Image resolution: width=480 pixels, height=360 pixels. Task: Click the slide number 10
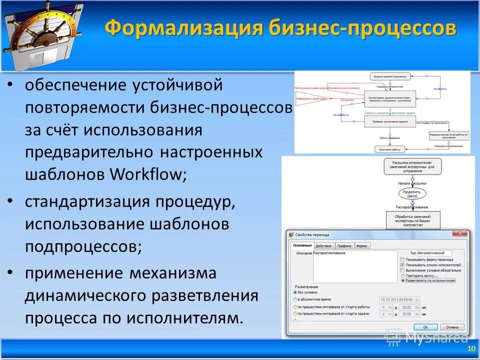[x=470, y=349]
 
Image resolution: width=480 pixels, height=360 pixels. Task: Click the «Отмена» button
[x=451, y=327]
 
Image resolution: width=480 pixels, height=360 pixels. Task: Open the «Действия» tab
[x=323, y=246]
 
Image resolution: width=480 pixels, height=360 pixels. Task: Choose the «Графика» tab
[x=343, y=246]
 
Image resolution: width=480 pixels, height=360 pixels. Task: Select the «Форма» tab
[x=361, y=246]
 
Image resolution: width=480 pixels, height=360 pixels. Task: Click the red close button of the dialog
[x=459, y=233]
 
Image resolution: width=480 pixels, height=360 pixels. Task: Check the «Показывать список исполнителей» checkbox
[x=402, y=265]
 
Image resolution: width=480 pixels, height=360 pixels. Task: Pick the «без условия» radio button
[x=294, y=291]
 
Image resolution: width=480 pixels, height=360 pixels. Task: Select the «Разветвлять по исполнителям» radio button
[x=402, y=281]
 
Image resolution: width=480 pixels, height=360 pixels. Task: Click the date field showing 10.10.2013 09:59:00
[x=392, y=299]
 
